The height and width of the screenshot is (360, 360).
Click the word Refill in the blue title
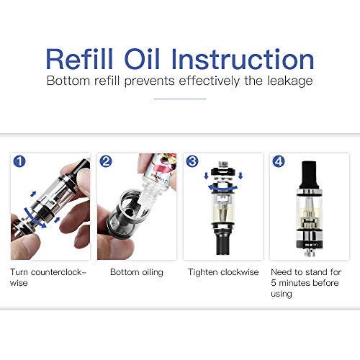(x=79, y=59)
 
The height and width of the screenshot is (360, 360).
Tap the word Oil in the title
(x=142, y=59)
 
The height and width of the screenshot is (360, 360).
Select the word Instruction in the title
(x=243, y=59)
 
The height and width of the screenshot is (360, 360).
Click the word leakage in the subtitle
(x=290, y=81)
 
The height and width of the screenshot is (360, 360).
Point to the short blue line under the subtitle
(x=180, y=99)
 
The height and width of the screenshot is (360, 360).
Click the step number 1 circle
(x=19, y=161)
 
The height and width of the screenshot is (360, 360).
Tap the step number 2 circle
(x=106, y=161)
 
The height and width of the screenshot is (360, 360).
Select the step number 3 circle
(x=192, y=161)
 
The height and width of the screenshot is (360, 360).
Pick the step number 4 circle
(x=279, y=161)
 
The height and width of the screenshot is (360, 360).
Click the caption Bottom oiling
(x=137, y=272)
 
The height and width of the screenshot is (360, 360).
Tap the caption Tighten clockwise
(x=223, y=272)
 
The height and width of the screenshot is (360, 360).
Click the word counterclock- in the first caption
(x=58, y=272)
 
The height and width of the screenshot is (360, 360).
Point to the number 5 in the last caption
(x=274, y=283)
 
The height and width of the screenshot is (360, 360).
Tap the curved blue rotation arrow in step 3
(x=222, y=188)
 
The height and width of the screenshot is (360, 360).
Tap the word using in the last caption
(x=282, y=294)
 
